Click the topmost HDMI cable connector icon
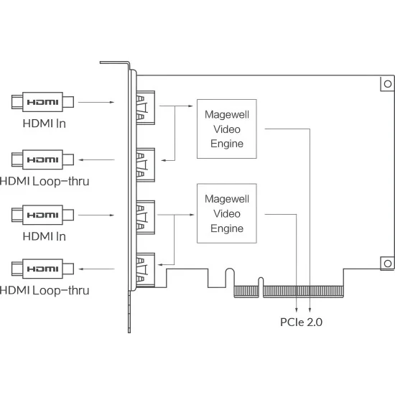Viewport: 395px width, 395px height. [x=42, y=102]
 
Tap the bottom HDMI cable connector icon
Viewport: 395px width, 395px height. [x=42, y=269]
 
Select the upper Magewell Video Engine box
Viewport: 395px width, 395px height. [x=227, y=129]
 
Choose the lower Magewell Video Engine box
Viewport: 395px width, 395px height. [x=227, y=213]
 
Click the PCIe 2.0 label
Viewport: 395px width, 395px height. [x=302, y=322]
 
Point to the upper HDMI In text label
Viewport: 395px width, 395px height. [x=45, y=124]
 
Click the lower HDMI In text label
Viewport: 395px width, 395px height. [x=45, y=236]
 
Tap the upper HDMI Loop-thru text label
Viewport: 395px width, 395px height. [x=45, y=182]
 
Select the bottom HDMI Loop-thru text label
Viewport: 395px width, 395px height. [x=45, y=290]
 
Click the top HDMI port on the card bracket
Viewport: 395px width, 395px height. [x=145, y=108]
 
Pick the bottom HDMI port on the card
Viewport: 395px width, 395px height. [x=145, y=270]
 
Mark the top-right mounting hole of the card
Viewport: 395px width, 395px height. [x=388, y=84]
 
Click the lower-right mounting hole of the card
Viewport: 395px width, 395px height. [x=388, y=264]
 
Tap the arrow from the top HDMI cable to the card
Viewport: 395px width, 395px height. [x=96, y=102]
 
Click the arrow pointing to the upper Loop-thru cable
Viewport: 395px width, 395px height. [x=96, y=159]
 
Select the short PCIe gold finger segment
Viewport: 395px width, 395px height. [x=246, y=292]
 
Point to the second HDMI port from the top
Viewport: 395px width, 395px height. [x=145, y=165]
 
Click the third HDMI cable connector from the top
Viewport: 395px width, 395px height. [x=42, y=215]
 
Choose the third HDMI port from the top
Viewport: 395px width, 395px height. [x=145, y=218]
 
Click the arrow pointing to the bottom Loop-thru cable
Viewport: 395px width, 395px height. [x=96, y=269]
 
